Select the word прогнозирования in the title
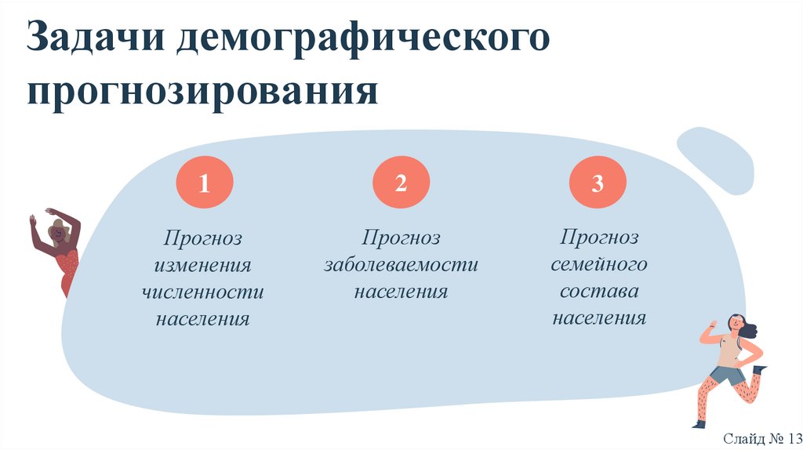[x=202, y=91]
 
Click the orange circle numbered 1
[x=204, y=185]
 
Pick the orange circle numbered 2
[x=401, y=184]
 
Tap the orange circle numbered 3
[x=598, y=185]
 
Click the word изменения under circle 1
[x=203, y=265]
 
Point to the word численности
[x=203, y=292]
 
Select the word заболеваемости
[x=401, y=265]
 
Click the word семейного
[x=598, y=265]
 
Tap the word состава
[x=598, y=292]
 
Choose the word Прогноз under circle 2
[x=401, y=238]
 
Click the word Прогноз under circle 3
[x=598, y=238]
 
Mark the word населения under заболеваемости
[x=401, y=292]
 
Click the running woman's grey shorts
[x=727, y=376]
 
